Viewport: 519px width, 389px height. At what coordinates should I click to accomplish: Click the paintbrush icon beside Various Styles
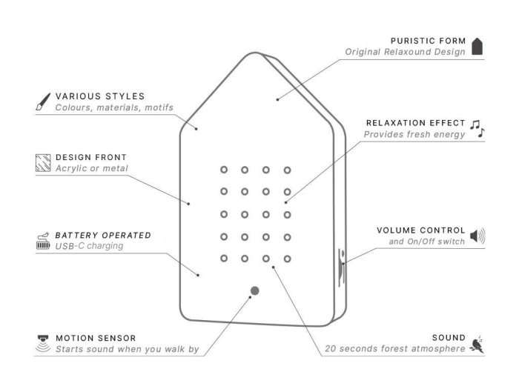[43, 102]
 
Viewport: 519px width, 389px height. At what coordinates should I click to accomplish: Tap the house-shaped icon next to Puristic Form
[477, 46]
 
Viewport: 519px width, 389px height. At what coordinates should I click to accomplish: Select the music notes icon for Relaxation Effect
[477, 129]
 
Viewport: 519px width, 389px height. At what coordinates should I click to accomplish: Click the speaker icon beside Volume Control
[477, 236]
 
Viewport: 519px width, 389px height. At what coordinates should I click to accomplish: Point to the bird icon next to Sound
[477, 345]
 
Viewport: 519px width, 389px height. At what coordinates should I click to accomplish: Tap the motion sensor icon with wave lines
[43, 344]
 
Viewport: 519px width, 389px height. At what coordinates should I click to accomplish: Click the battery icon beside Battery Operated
[43, 241]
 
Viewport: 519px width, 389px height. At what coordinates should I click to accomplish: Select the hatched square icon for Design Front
[43, 163]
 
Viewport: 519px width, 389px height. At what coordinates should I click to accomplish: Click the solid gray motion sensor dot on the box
[254, 290]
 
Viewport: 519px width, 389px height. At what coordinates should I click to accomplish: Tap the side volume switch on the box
[342, 268]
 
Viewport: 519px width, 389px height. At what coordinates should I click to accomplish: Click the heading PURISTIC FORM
[428, 41]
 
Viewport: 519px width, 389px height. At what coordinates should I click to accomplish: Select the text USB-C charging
[90, 246]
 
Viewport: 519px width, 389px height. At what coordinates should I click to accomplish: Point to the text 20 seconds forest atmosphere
[395, 349]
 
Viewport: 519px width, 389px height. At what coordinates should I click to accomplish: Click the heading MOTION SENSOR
[96, 338]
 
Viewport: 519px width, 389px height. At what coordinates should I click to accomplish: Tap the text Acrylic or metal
[92, 168]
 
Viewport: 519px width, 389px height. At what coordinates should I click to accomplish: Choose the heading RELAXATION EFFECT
[415, 123]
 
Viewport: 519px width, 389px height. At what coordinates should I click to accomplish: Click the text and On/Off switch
[426, 242]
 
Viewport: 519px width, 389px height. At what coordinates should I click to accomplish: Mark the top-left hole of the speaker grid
[224, 170]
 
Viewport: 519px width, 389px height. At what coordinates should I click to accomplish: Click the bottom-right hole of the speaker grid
[288, 259]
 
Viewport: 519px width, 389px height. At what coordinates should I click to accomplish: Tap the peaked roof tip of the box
[255, 53]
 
